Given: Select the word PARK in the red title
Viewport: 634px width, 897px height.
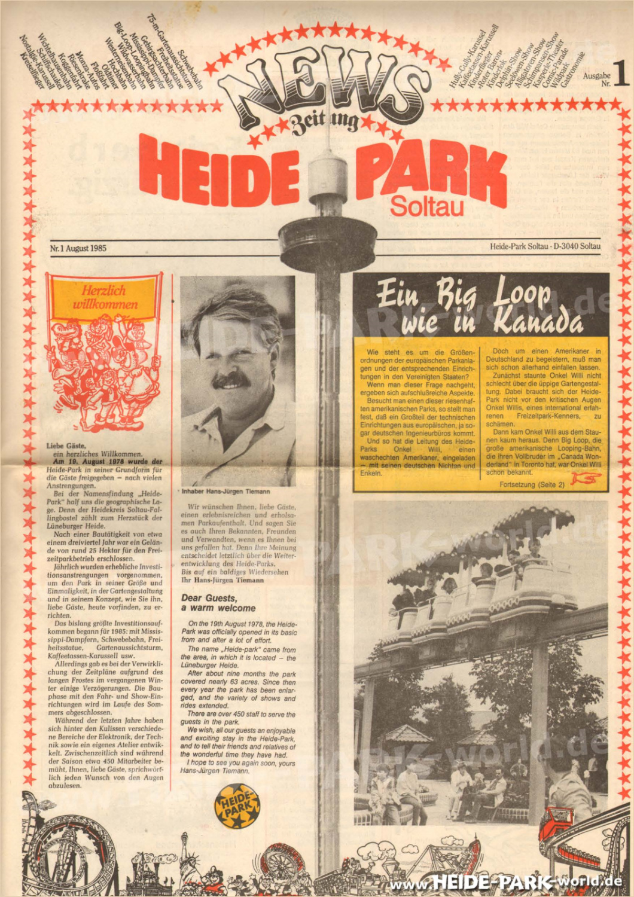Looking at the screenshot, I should point(431,170).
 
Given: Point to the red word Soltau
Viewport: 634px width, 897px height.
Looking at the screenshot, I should point(426,207).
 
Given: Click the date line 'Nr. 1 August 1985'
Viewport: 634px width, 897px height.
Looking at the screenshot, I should point(78,248).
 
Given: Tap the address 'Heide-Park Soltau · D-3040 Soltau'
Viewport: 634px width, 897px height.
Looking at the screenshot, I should point(545,246).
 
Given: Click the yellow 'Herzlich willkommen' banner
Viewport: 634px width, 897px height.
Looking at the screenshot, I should point(105,298).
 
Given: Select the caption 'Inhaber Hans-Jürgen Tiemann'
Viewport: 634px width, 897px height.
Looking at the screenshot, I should point(225,492).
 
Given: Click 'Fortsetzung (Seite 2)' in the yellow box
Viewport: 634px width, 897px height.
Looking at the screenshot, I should point(531,484).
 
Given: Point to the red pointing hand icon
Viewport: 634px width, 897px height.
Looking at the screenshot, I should point(585,478).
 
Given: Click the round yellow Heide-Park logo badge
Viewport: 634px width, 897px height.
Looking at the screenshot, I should point(237,806).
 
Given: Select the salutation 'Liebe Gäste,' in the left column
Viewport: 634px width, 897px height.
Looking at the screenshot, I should point(66,446).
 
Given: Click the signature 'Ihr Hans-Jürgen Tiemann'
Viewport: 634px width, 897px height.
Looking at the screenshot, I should point(222,580).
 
